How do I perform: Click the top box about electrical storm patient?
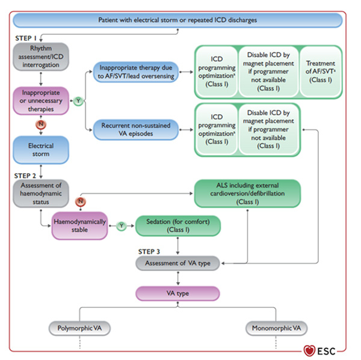177,20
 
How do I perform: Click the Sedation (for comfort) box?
178,225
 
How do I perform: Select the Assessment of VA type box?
178,263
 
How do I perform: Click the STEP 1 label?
27,37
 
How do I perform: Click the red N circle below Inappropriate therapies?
40,124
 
